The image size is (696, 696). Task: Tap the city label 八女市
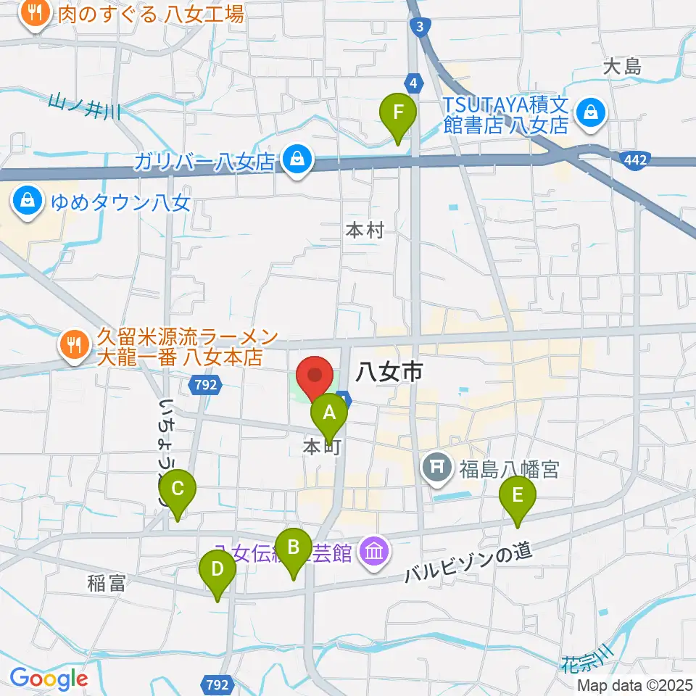389,373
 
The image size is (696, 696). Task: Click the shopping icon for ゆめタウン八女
28,200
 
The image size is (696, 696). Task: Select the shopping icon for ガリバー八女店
296,159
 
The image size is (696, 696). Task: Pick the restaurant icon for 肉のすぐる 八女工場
33,12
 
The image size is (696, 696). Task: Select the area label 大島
622,67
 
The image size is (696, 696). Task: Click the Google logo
49,679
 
